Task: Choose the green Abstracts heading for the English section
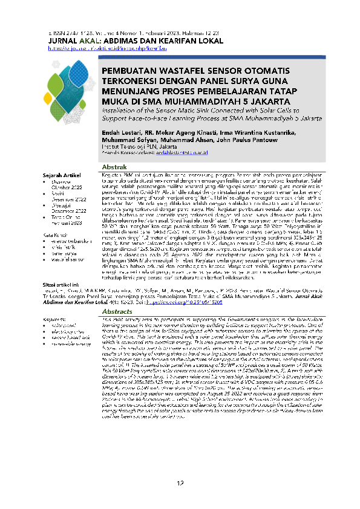(x=117, y=311)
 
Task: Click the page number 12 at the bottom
(x=180, y=483)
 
